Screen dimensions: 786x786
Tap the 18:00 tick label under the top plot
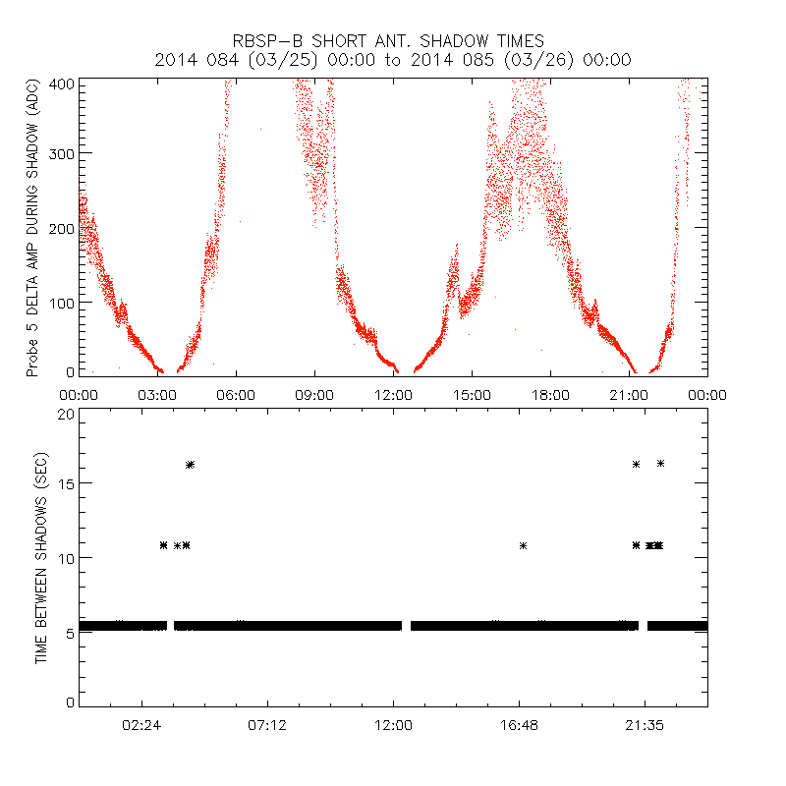pos(550,394)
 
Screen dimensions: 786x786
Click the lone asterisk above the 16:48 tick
pos(524,545)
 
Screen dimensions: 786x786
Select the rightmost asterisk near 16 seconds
pos(660,464)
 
